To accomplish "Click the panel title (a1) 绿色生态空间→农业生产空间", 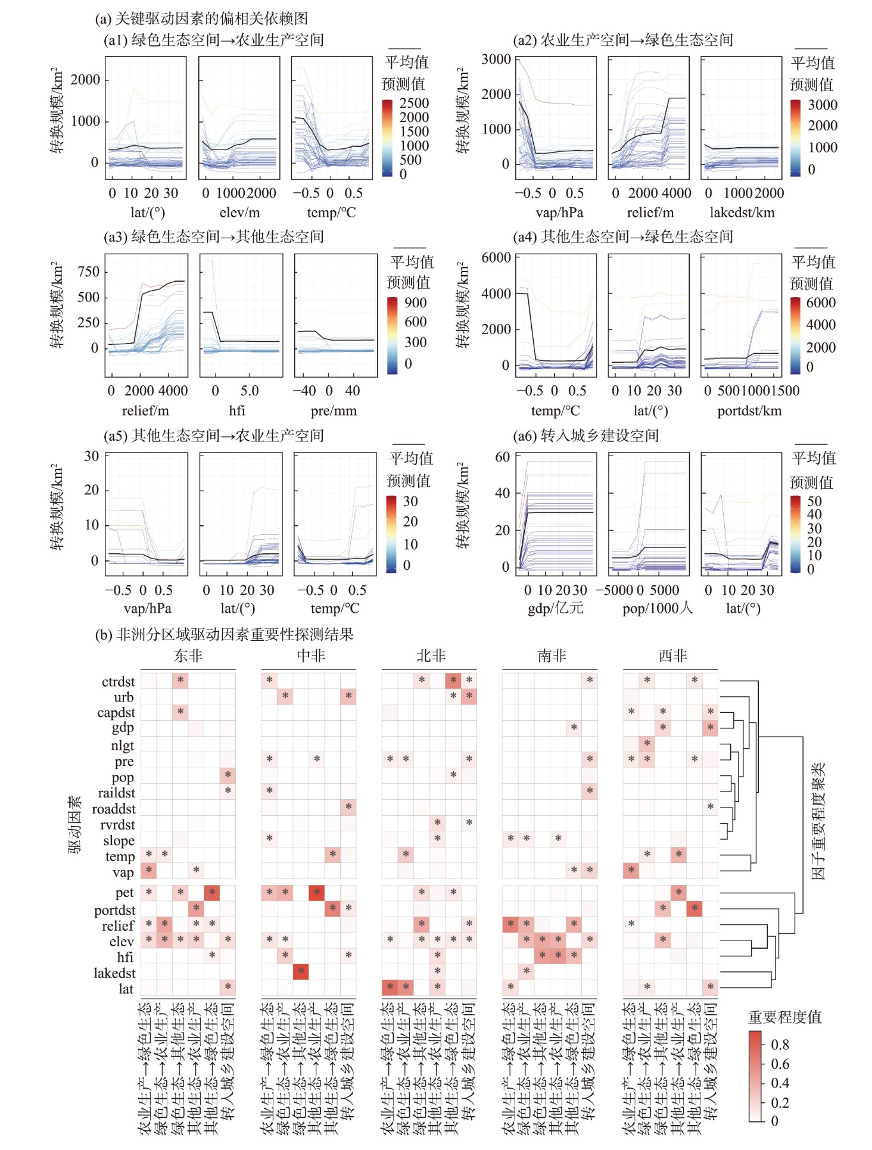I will pos(213,40).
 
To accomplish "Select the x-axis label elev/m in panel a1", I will pos(239,213).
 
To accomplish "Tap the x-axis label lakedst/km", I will pos(742,213).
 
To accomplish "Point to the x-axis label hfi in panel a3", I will pos(237,410).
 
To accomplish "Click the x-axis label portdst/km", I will pos(749,410).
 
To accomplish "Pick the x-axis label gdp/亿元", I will pos(555,608).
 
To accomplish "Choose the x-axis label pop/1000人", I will pos(658,608).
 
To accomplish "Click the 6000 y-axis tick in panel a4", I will pos(496,257).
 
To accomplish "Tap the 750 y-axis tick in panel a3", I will pos(88,272).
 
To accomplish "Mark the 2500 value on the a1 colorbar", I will pos(414,103).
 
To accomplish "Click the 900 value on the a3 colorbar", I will pos(415,303).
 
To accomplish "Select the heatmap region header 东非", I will pos(188,656).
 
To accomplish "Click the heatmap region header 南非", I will pos(552,656).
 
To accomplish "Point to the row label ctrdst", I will pos(118,682).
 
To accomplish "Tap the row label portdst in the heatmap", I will pos(114,910).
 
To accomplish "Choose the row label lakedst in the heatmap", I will pos(114,973).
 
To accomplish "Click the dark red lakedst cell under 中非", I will pos(301,971).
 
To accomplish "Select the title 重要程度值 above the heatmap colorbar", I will pos(784,1017).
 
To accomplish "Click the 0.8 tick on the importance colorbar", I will pos(779,1045).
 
